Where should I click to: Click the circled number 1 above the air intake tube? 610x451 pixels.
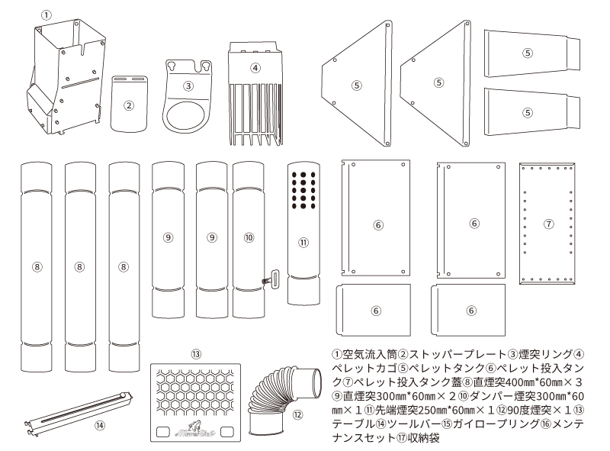tap(47, 14)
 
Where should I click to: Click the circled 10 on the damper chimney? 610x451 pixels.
tap(249, 237)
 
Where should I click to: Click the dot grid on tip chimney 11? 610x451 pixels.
tap(303, 189)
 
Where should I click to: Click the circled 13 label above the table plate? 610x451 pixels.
tap(196, 354)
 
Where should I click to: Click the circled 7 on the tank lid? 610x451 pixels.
tap(548, 224)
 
